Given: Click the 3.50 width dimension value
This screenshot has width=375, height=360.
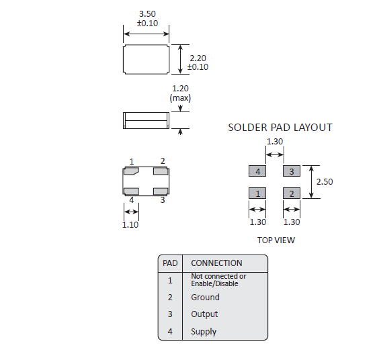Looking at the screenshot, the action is point(147,14).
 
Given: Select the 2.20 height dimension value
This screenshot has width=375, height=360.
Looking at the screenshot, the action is point(198,58).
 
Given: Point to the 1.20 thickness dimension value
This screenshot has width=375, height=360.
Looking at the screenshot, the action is point(180,89).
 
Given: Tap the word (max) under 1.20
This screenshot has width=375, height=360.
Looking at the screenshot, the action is point(180,98).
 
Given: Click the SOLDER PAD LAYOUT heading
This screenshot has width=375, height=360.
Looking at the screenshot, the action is point(280,128).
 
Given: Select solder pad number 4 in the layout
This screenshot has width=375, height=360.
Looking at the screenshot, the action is point(257,171).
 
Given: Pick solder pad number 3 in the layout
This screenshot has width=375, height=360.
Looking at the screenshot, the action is point(292,171).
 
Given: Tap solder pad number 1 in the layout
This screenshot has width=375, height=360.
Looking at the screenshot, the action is point(257,193).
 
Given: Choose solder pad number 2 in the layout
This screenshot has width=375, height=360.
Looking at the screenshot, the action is point(292,193).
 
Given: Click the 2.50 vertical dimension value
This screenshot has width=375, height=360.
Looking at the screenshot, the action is point(325,181).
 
